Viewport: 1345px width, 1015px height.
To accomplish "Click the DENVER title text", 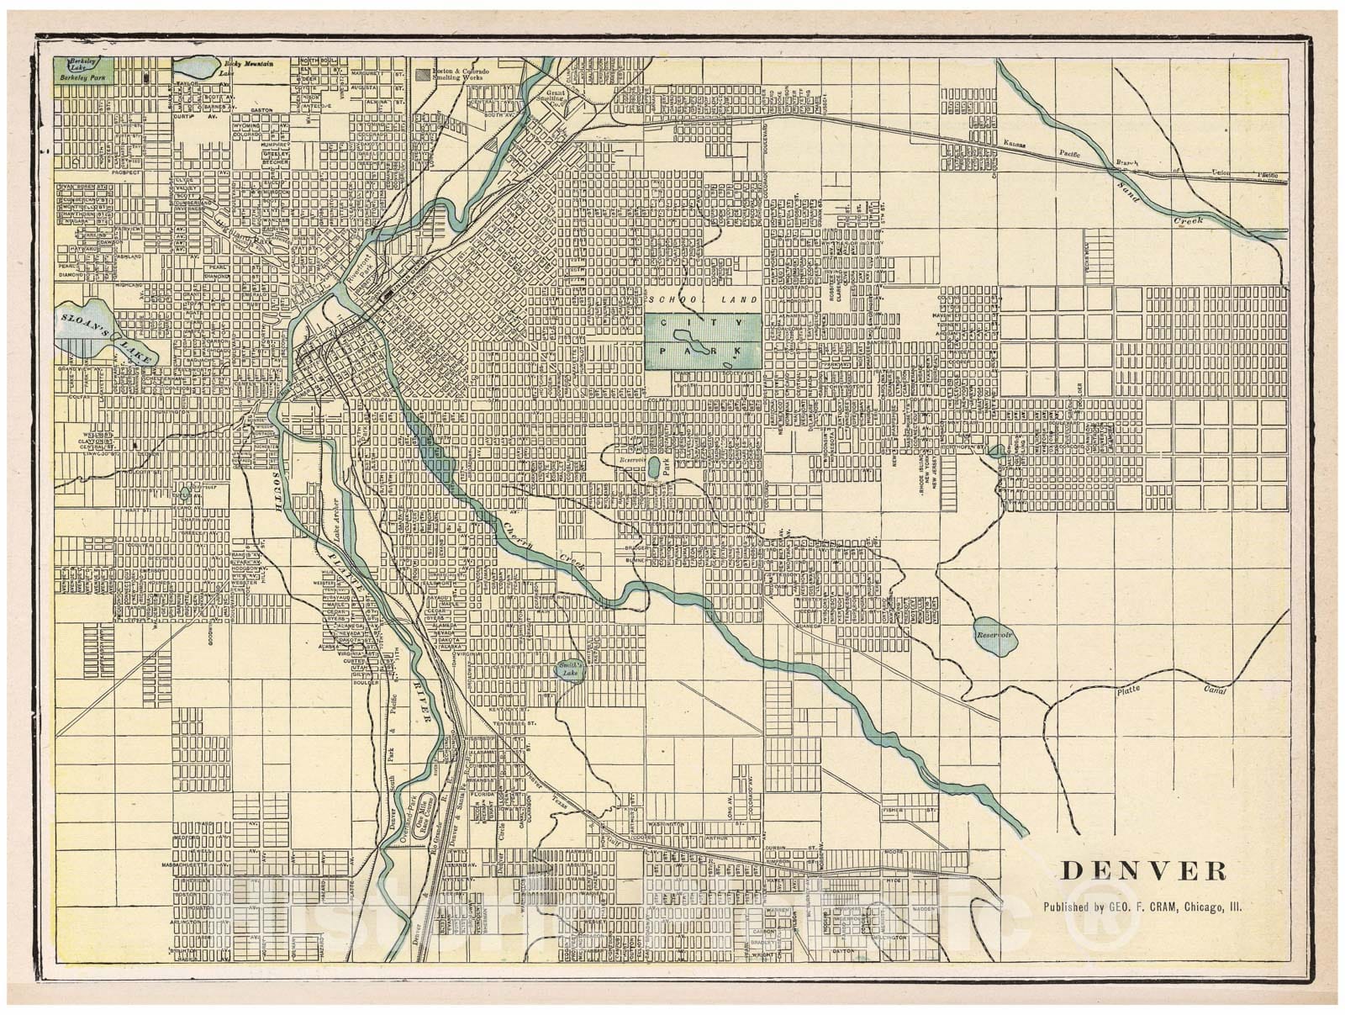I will click(1142, 870).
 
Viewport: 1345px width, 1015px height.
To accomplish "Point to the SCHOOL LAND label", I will click(704, 300).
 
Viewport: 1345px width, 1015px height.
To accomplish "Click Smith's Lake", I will click(570, 669).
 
